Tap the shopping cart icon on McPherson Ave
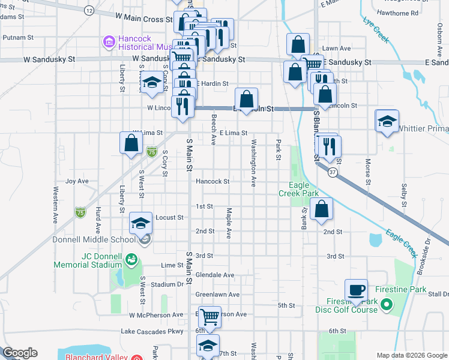click(x=209, y=316)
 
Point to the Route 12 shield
click(x=89, y=11)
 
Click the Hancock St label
click(x=212, y=181)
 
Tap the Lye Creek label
click(x=376, y=31)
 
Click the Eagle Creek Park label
click(x=299, y=190)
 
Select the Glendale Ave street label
click(x=215, y=275)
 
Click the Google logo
click(x=20, y=353)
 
